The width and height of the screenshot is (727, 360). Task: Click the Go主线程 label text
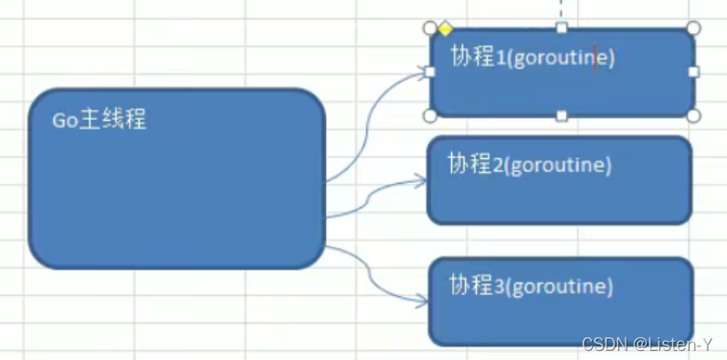coord(100,120)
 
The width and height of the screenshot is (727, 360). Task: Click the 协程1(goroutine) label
coord(532,58)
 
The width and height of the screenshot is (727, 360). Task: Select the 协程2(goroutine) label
coord(529,164)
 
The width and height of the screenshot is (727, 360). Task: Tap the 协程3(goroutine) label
coord(531,285)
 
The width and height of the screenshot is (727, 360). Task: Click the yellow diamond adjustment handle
coord(445,28)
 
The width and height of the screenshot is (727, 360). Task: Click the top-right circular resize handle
coord(693,27)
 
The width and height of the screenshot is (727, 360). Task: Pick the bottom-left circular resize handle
coord(430,116)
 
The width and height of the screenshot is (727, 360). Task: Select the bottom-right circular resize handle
coord(693,116)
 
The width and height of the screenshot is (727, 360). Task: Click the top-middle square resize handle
coord(562,27)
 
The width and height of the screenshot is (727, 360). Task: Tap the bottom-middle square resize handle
coord(562,116)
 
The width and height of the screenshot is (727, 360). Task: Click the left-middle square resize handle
coord(430,71)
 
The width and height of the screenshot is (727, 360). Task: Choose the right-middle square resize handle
coord(693,71)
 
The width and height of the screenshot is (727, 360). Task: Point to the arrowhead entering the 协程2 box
coord(421,181)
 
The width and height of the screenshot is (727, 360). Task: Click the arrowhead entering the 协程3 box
coord(421,300)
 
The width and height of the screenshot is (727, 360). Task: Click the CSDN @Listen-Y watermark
coord(648,344)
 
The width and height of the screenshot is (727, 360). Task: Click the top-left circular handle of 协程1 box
coord(430,27)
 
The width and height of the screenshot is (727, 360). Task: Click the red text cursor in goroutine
coord(595,58)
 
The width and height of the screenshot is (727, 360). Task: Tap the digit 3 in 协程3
coord(499,286)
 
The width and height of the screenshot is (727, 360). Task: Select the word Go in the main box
coord(63,121)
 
